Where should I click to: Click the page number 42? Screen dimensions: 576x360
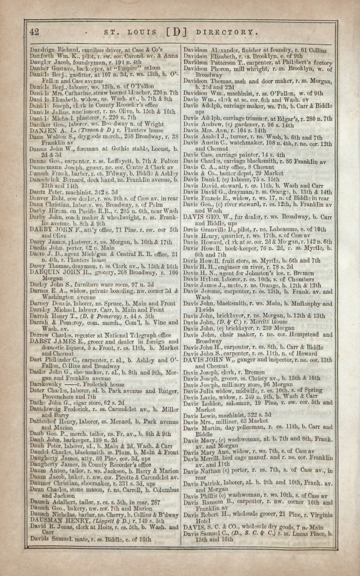(34, 31)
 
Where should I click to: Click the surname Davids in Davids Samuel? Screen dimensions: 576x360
(39, 538)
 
